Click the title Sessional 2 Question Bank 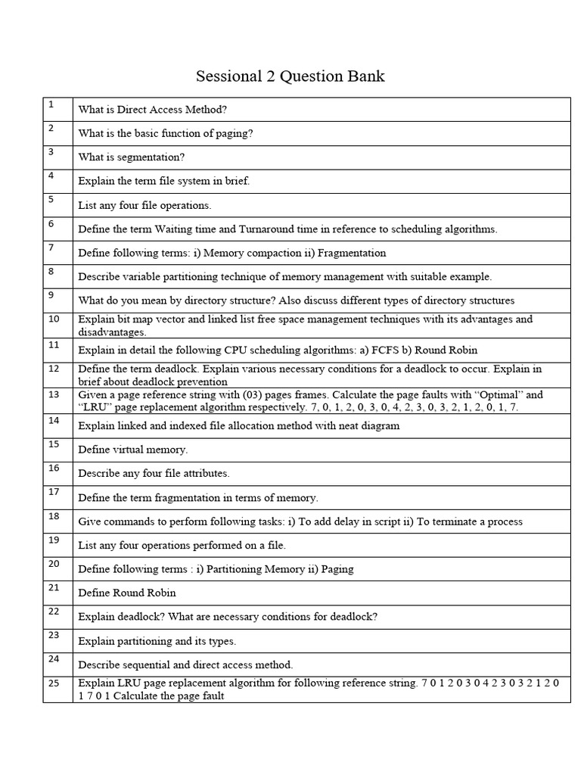tap(290, 76)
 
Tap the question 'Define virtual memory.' tap(132, 450)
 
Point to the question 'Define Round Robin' tap(127, 593)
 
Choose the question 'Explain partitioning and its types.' tap(157, 641)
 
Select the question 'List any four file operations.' tap(144, 205)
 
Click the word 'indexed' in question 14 tap(191, 425)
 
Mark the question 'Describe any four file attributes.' tap(154, 473)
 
